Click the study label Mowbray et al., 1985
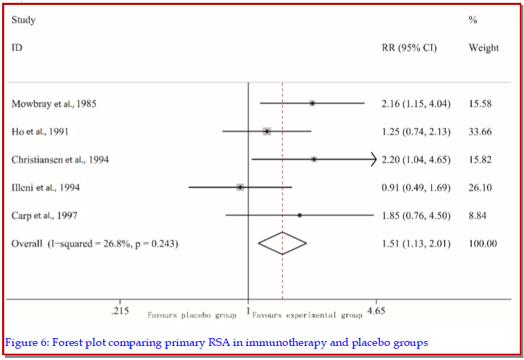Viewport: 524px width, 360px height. click(x=54, y=103)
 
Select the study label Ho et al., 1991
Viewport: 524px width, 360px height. click(x=40, y=131)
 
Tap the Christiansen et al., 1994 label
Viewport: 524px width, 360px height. click(x=60, y=160)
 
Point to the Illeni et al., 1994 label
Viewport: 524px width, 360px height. click(x=45, y=187)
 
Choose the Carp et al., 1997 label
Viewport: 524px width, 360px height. click(x=44, y=215)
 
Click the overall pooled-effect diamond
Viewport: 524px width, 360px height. click(x=282, y=243)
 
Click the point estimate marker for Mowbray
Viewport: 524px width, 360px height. click(x=312, y=103)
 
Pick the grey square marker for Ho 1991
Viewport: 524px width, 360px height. click(x=267, y=131)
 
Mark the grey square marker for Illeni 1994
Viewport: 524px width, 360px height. click(x=240, y=187)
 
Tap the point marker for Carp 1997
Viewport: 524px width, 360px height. click(x=300, y=215)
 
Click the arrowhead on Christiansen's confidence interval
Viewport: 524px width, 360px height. click(x=373, y=160)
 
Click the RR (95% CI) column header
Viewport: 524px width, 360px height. click(x=409, y=48)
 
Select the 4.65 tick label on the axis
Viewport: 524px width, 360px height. click(x=376, y=310)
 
